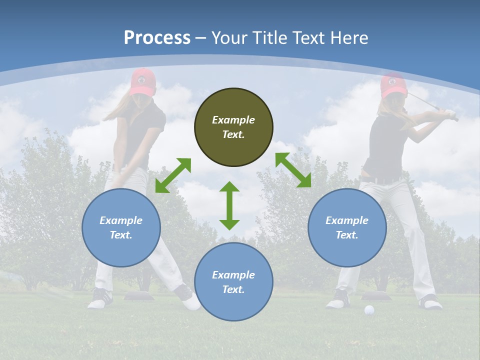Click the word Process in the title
(x=157, y=38)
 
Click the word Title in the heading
(x=270, y=38)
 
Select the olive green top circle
(x=233, y=127)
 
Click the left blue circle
(x=121, y=228)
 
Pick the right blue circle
(x=347, y=228)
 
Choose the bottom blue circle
(x=233, y=282)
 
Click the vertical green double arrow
(x=229, y=205)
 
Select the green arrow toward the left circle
(x=173, y=175)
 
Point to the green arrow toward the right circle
(x=293, y=170)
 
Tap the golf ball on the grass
(x=369, y=310)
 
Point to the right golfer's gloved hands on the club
(x=451, y=115)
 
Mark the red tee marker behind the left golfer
(x=137, y=296)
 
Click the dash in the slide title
(x=201, y=38)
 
